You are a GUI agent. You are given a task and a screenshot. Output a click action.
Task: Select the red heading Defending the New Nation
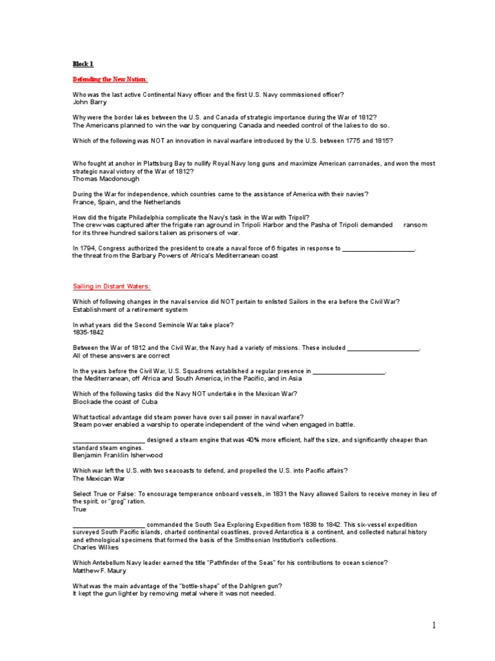point(110,79)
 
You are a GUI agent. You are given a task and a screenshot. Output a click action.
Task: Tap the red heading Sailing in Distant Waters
point(111,286)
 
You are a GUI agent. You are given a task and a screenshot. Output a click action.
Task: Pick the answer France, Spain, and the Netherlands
point(126,202)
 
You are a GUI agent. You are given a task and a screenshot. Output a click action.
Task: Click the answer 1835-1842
point(88,332)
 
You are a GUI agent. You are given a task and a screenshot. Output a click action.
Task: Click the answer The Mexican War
point(99,478)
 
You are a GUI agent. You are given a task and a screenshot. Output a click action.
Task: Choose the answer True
point(79,509)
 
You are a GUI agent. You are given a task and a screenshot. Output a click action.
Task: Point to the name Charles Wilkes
point(95,547)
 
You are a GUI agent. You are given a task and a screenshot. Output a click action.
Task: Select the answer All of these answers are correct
point(121,356)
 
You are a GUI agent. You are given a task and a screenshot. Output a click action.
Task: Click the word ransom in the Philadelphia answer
point(416,225)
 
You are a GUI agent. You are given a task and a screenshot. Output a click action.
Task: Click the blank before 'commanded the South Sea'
point(109,525)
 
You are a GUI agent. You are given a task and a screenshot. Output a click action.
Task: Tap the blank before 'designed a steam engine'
point(109,440)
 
